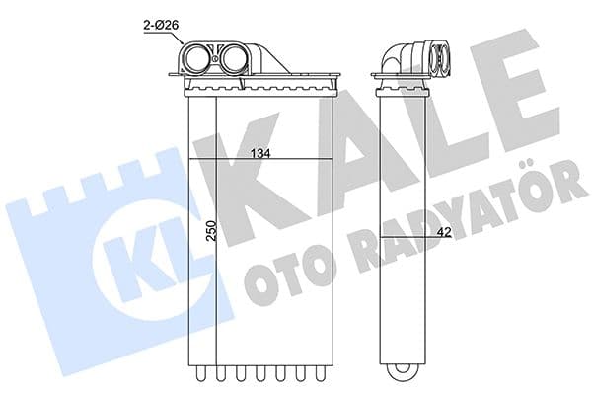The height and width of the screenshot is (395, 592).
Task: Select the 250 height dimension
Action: pos(208,234)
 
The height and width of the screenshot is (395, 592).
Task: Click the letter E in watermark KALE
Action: pos(513,99)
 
